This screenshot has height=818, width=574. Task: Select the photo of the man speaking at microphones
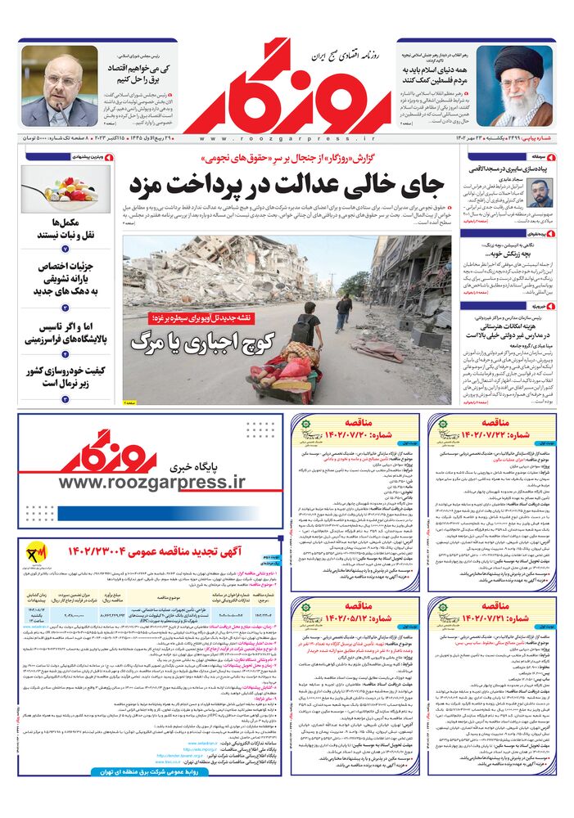point(59,86)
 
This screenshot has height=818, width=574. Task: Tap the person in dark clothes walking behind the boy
point(343,312)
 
